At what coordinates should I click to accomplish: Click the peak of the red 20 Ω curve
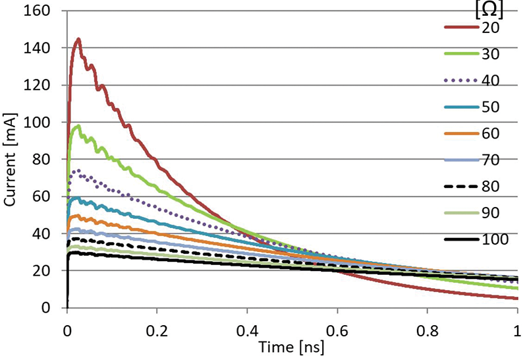(x=79, y=39)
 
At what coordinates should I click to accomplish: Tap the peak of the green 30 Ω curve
(x=79, y=125)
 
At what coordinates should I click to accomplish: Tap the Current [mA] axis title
(x=11, y=160)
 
